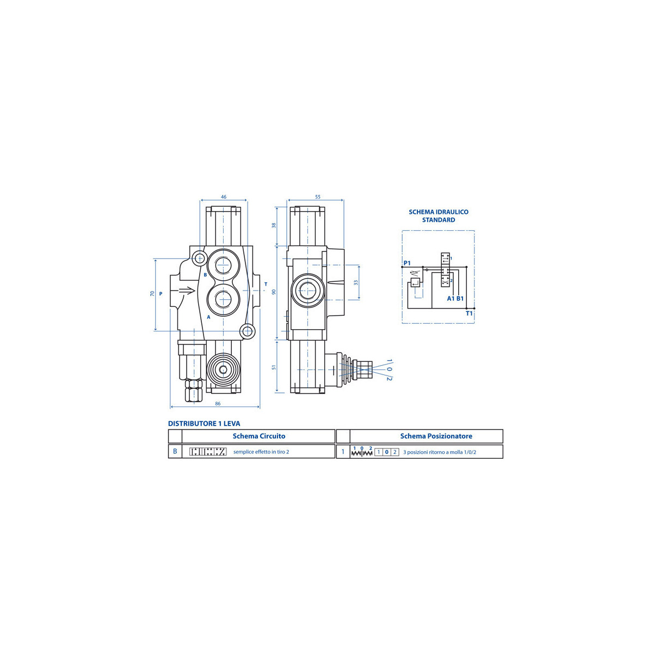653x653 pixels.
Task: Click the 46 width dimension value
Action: (x=223, y=197)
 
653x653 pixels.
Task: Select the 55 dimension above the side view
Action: (x=317, y=197)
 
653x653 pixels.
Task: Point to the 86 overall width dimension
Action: (x=218, y=404)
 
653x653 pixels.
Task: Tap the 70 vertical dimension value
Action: (x=152, y=293)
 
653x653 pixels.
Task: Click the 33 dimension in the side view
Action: (x=356, y=282)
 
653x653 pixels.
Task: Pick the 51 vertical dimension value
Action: (x=274, y=367)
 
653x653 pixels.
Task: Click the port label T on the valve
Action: (x=266, y=284)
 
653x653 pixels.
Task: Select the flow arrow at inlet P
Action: (x=187, y=291)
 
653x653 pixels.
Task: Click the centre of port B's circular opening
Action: (x=223, y=265)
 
